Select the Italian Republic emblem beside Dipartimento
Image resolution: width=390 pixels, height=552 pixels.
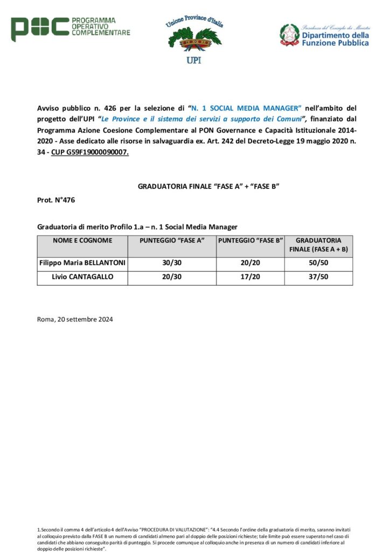[289, 34]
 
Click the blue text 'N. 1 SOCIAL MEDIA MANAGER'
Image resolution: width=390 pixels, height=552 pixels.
[246, 108]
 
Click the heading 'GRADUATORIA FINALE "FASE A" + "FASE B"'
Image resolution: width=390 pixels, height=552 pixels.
[208, 187]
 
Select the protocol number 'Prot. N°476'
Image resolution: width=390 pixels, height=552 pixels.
[56, 201]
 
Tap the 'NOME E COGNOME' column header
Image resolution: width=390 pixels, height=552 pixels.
[82, 240]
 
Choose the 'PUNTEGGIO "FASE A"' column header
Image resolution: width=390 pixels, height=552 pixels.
[172, 240]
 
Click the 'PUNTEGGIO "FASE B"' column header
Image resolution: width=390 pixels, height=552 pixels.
[250, 240]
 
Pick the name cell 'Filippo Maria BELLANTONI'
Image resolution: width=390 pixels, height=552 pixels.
[82, 264]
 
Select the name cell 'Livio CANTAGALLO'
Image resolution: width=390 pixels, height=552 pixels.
[82, 278]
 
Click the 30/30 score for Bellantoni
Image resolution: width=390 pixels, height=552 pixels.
[172, 264]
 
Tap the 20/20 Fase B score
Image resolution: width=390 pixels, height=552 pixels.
[250, 264]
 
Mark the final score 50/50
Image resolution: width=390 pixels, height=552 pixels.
[319, 264]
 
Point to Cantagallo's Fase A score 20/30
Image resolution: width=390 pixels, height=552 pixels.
[172, 278]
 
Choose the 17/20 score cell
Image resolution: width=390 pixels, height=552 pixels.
[250, 278]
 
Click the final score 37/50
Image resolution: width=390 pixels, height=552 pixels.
[319, 278]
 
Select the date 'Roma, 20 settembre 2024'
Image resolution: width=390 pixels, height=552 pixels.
[75, 319]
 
